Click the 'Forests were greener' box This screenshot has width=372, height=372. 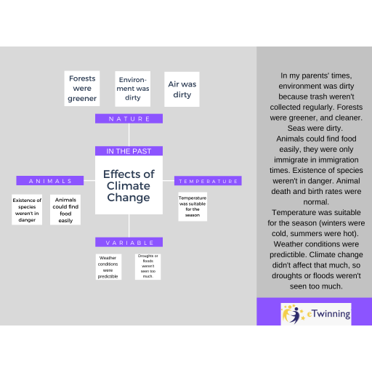pyautogui.click(x=82, y=89)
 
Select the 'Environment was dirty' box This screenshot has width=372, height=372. pyautogui.click(x=133, y=89)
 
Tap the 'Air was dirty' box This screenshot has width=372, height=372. pyautogui.click(x=182, y=89)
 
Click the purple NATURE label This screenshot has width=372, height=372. pyautogui.click(x=129, y=118)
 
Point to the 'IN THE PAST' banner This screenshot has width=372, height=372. pyautogui.click(x=129, y=151)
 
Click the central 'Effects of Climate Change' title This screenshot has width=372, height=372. pyautogui.click(x=129, y=185)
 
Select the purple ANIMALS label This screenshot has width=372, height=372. pyautogui.click(x=50, y=181)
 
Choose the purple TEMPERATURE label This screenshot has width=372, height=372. pyautogui.click(x=208, y=181)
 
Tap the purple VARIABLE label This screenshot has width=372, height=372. pyautogui.click(x=129, y=242)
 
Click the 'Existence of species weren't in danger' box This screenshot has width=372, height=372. pyautogui.click(x=27, y=210)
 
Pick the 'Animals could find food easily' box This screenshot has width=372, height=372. pyautogui.click(x=65, y=210)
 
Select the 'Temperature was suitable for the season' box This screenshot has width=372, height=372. pyautogui.click(x=193, y=206)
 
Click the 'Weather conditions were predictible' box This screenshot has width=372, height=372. pyautogui.click(x=108, y=267)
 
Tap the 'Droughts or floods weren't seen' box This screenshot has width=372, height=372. pyautogui.click(x=147, y=267)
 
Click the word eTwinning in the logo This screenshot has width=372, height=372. pyautogui.click(x=328, y=314)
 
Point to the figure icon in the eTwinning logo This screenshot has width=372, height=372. pyautogui.click(x=293, y=315)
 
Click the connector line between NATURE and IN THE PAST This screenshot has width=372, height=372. pyautogui.click(x=129, y=134)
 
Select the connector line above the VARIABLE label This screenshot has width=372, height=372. pyautogui.click(x=129, y=226)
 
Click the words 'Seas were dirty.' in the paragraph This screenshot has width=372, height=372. pyautogui.click(x=315, y=128)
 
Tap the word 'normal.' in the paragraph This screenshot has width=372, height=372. pyautogui.click(x=316, y=202)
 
